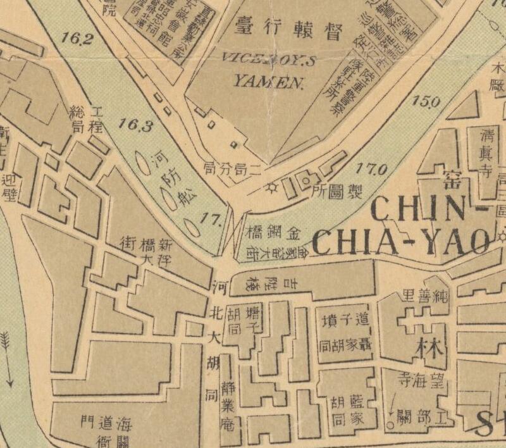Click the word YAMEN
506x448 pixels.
tap(260, 80)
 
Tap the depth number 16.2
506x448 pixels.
tap(78, 39)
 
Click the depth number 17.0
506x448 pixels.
tap(371, 170)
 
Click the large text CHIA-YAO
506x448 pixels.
tap(402, 242)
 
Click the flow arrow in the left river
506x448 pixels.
tap(8, 358)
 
